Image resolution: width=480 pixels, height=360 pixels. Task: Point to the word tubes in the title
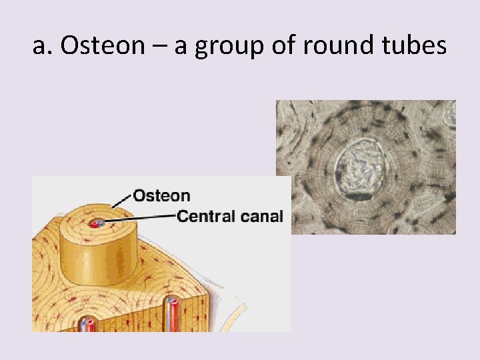[413, 47]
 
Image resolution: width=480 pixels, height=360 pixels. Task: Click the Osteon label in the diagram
[162, 195]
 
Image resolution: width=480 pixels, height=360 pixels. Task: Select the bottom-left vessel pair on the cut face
[88, 325]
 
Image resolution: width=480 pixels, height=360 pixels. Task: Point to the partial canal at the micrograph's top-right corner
[451, 115]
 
